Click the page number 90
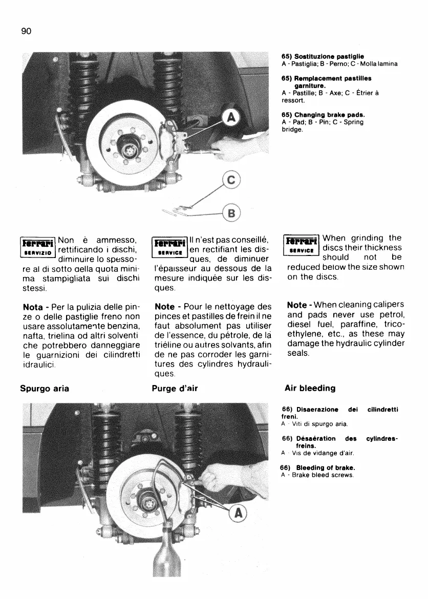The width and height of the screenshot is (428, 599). pos(27,31)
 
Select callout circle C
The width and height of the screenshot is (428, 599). pos(232,181)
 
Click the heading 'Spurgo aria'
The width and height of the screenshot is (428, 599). pos(45,388)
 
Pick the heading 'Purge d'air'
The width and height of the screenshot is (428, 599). pos(175,388)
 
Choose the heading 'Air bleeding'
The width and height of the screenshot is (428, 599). pos(310,388)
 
